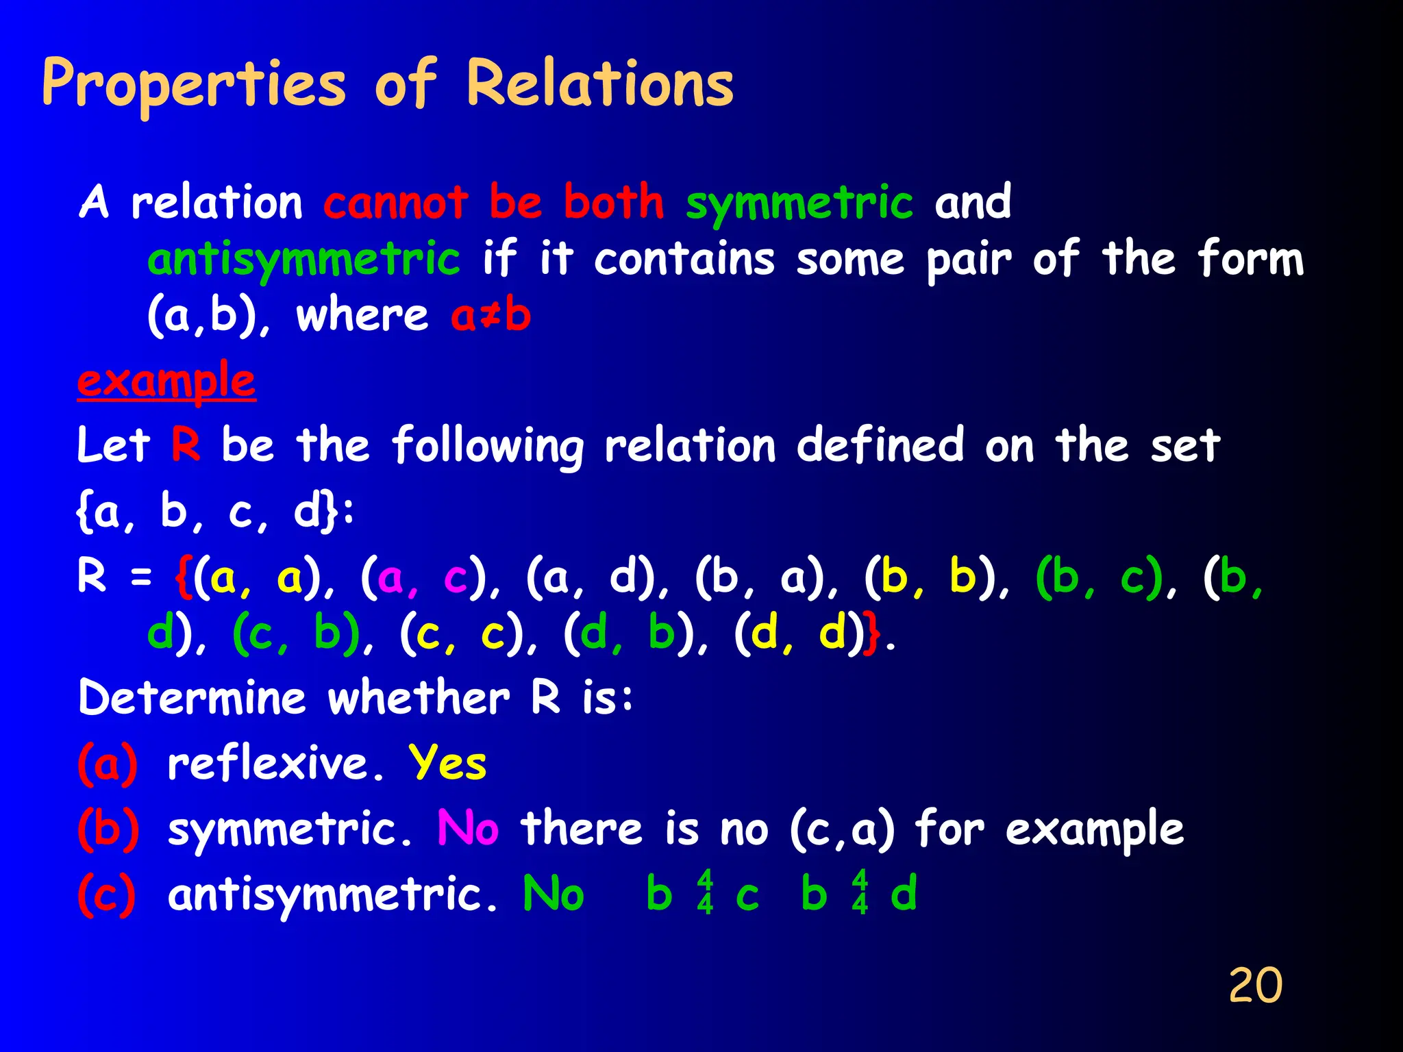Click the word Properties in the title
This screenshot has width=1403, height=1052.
point(194,85)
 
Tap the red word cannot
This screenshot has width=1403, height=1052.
point(395,203)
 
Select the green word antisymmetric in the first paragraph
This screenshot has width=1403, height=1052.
point(304,260)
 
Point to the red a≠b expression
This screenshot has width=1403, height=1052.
point(491,316)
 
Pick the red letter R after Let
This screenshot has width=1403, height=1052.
point(185,444)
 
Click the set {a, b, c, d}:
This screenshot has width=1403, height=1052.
point(215,511)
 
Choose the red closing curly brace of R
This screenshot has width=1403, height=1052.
point(872,635)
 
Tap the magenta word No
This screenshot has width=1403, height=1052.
point(468,828)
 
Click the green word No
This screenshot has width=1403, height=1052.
point(553,894)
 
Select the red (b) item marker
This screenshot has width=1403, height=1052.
point(108,829)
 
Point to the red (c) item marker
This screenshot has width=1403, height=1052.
point(107,894)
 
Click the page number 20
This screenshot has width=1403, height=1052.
point(1255,986)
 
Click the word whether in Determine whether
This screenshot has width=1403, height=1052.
point(419,698)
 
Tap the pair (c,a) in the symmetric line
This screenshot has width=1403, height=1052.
point(842,829)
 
